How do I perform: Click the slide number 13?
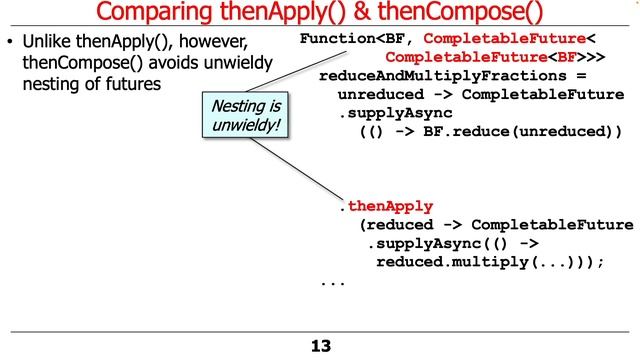[320, 346]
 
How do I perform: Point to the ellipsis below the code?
[333, 281]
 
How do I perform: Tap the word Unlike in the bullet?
[46, 44]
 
